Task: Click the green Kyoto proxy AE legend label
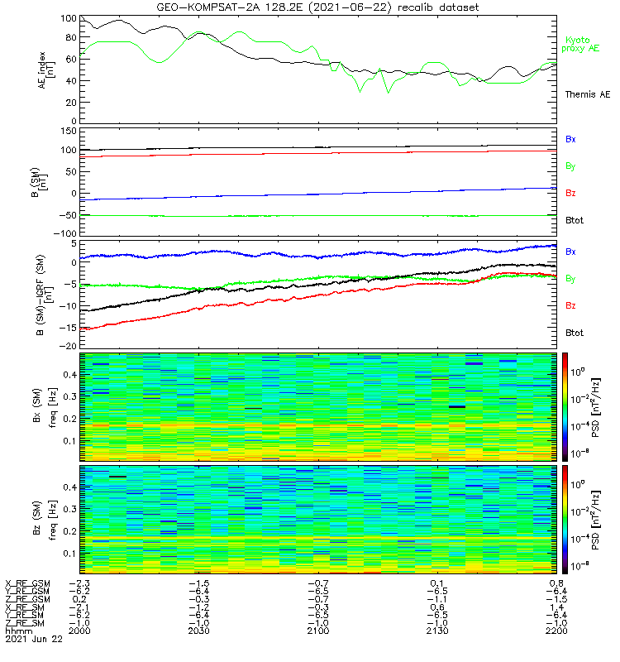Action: point(582,44)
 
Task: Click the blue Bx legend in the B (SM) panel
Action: point(570,139)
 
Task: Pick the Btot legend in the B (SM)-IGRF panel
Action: point(575,333)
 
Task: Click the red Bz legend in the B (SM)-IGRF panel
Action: point(570,306)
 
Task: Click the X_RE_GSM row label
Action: point(26,583)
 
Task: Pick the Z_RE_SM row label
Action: point(26,623)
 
